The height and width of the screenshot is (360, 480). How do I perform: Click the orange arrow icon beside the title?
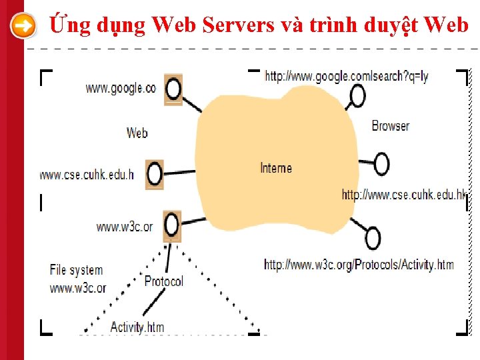23,26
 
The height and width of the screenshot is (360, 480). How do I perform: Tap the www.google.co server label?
121,88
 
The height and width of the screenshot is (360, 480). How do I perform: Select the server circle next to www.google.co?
173,87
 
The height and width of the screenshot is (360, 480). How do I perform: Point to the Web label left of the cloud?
137,133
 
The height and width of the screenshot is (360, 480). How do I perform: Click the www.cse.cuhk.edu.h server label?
87,175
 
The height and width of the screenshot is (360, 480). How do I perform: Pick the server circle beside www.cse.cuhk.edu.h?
155,174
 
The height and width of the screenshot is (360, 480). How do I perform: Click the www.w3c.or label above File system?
125,227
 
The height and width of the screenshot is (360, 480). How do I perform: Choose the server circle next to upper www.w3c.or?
173,225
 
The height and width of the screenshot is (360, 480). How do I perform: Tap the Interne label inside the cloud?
276,168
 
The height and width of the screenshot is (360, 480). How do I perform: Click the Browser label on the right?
390,125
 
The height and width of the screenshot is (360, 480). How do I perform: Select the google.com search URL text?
347,76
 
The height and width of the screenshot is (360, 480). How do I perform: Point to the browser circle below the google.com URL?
358,97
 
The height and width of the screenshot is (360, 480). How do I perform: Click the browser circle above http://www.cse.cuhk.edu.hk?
381,163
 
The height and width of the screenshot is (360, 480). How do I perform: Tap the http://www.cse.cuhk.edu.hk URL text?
404,194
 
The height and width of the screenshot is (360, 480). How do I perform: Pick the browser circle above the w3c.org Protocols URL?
373,238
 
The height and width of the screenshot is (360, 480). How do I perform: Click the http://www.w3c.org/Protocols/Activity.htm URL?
359,265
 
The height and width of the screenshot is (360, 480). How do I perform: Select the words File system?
76,270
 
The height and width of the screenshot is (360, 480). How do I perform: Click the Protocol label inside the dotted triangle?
163,281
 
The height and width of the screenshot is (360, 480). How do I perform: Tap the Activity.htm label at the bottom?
137,327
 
